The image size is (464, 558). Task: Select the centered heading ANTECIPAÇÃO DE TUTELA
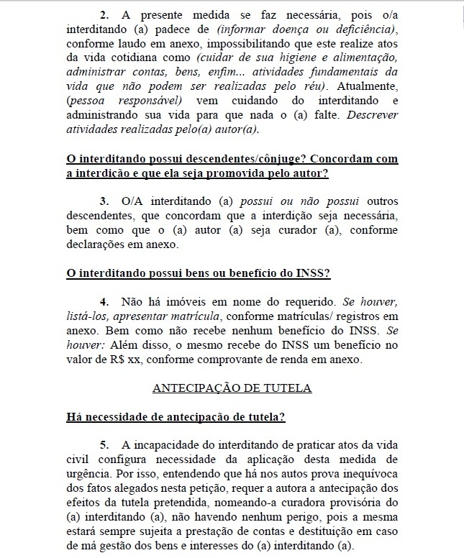(232, 388)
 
